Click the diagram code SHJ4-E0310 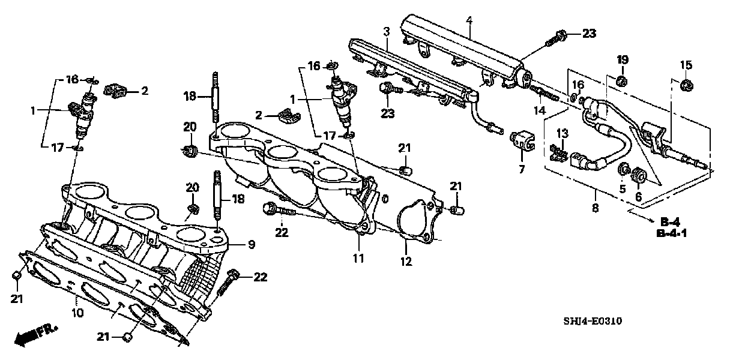591,322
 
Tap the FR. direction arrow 36,335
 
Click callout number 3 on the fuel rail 387,31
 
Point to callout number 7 521,170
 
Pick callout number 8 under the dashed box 595,208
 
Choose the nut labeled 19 622,80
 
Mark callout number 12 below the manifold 406,262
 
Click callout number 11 358,259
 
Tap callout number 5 623,189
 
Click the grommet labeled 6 639,175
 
